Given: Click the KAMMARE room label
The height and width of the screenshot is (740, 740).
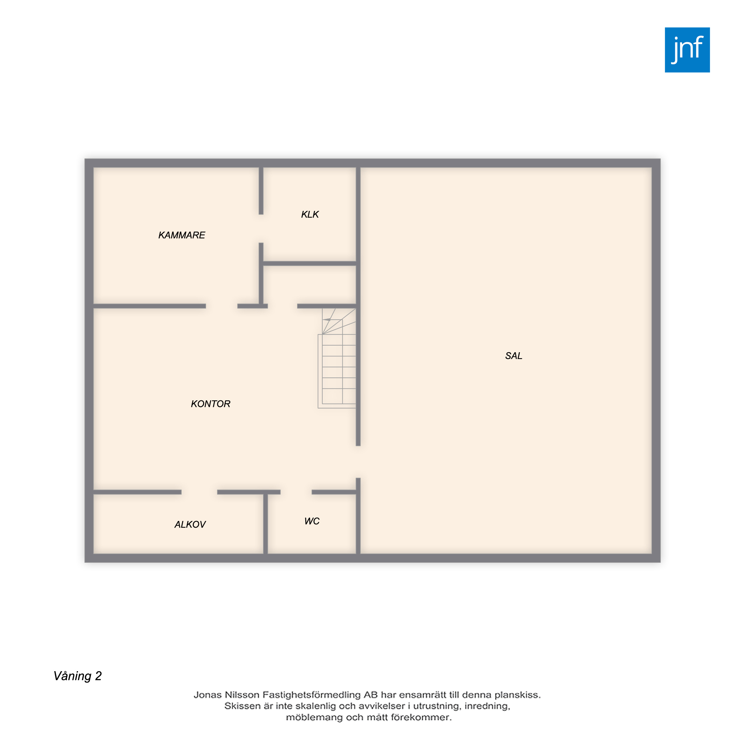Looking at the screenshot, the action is pyautogui.click(x=182, y=235).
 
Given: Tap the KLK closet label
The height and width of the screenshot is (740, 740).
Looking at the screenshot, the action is pyautogui.click(x=310, y=215).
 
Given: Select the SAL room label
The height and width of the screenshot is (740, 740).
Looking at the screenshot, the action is pyautogui.click(x=513, y=356).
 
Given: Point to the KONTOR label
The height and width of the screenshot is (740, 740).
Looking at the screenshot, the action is pyautogui.click(x=211, y=404).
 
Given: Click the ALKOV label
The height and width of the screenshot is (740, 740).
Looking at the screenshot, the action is pyautogui.click(x=190, y=524).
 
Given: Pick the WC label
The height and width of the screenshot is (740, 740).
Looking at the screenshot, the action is pyautogui.click(x=312, y=521).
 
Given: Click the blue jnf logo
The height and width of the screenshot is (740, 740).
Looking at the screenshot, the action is pyautogui.click(x=687, y=50).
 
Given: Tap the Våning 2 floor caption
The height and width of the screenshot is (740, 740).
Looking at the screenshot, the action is pyautogui.click(x=78, y=676).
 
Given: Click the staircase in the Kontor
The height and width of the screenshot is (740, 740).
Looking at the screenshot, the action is pyautogui.click(x=337, y=358).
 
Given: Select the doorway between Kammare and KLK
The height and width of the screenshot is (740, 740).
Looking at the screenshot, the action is pyautogui.click(x=261, y=229).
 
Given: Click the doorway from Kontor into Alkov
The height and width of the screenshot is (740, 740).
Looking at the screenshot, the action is pyautogui.click(x=199, y=492).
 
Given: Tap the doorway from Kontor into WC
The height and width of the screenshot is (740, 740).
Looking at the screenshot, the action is pyautogui.click(x=296, y=492).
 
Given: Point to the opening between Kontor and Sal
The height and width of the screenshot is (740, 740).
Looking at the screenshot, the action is pyautogui.click(x=358, y=462).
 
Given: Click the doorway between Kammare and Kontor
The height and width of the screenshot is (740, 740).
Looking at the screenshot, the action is pyautogui.click(x=222, y=306).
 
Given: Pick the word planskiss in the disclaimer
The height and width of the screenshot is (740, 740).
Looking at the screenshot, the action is pyautogui.click(x=518, y=695).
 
